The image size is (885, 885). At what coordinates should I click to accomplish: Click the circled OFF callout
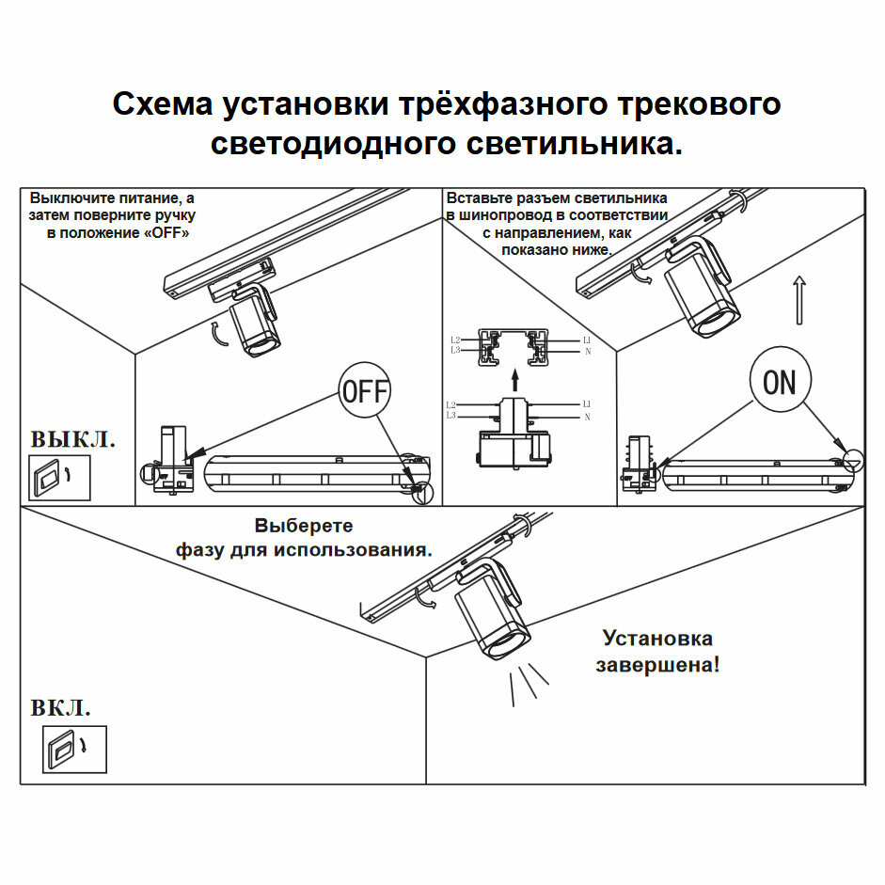(364, 390)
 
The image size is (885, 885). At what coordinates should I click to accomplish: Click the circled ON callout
(779, 383)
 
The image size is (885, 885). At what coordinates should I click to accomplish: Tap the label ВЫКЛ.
(73, 439)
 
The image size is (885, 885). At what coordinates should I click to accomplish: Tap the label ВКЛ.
(61, 708)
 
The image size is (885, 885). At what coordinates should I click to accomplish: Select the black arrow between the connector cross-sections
(514, 379)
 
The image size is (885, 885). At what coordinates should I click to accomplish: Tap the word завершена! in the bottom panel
(657, 665)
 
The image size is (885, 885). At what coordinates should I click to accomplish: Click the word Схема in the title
(162, 104)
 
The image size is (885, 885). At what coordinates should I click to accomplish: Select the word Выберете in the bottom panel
(303, 526)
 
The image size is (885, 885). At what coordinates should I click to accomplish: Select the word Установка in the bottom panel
(657, 639)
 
